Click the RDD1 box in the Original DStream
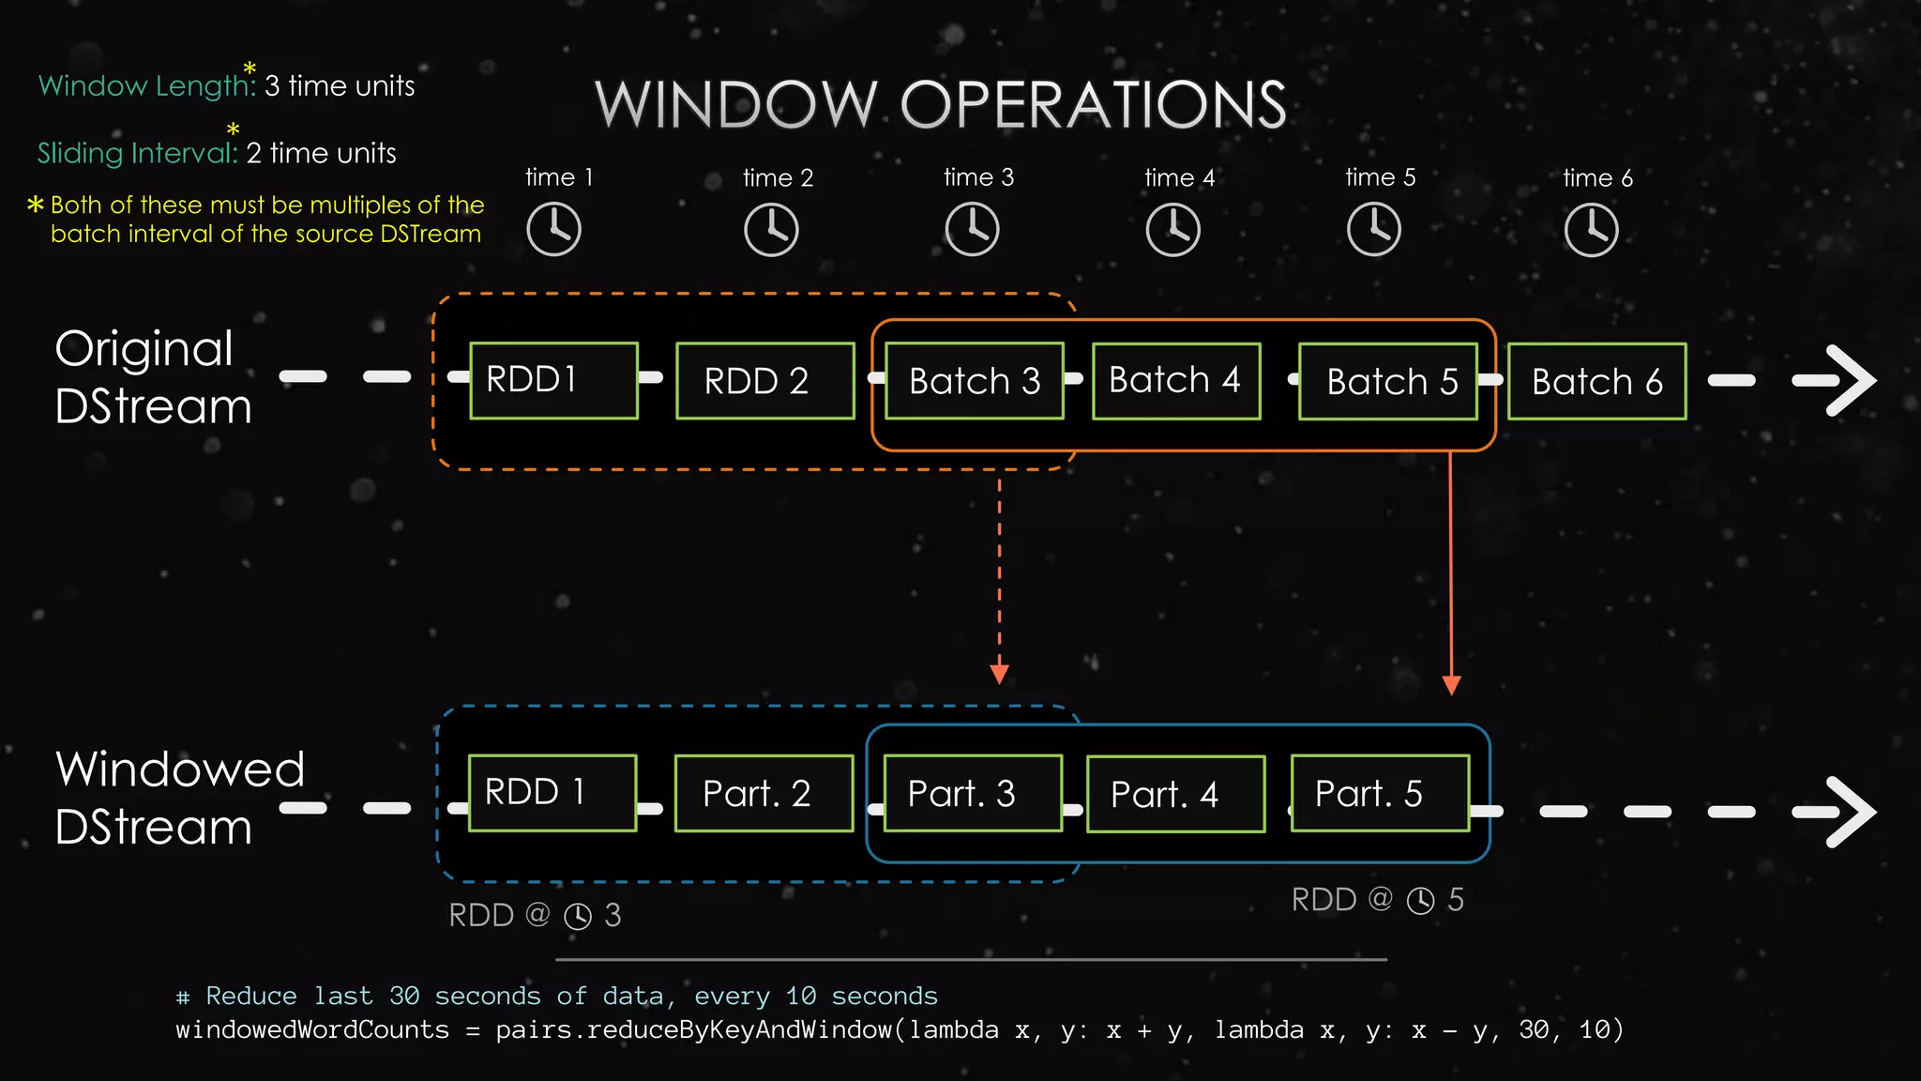[553, 380]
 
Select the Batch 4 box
[1176, 380]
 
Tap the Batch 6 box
[1596, 381]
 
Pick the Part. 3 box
[973, 794]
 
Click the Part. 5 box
[1380, 794]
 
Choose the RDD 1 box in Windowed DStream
[552, 793]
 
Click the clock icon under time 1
[553, 230]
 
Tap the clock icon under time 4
[1172, 230]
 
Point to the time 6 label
[1597, 177]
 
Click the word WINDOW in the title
[736, 104]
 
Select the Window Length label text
[146, 86]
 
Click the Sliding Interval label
[137, 153]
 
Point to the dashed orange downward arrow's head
[999, 674]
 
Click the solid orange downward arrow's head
[1451, 685]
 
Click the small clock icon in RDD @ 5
[1420, 901]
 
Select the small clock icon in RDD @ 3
[578, 916]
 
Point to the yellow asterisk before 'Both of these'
[36, 205]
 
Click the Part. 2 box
[764, 794]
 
